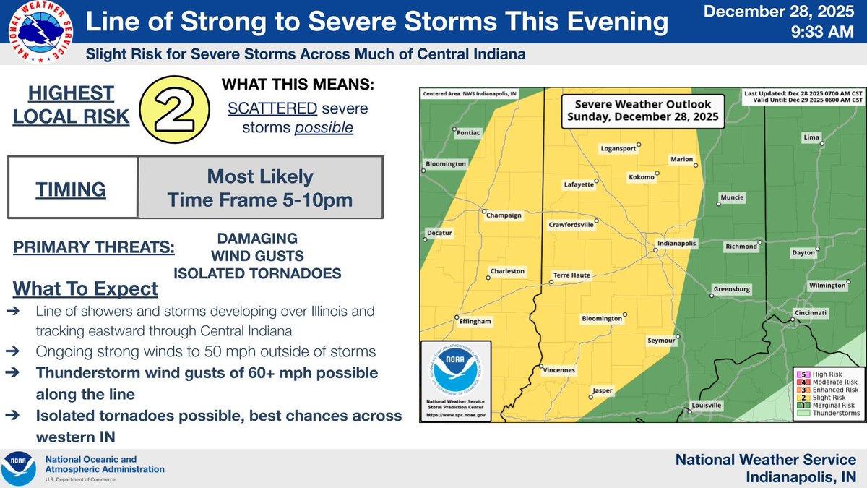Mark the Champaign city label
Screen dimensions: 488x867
point(504,215)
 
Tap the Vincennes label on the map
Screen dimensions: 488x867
point(559,370)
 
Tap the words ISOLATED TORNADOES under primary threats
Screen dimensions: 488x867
point(256,273)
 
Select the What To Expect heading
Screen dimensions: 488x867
point(85,289)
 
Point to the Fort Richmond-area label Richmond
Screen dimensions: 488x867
point(741,247)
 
